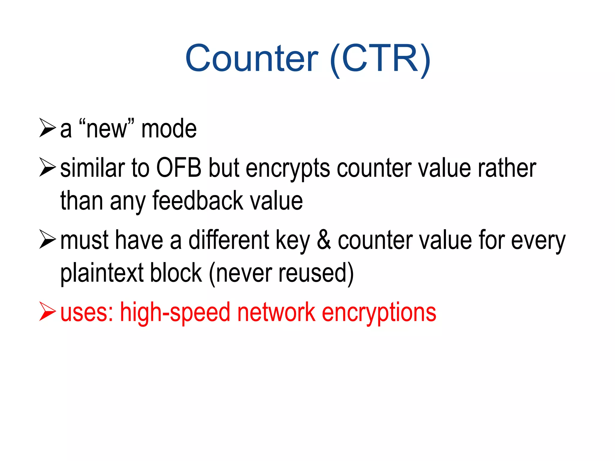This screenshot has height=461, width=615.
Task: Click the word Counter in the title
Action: point(252,59)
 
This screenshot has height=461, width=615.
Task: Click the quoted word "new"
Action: point(107,129)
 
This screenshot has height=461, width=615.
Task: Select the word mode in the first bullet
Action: point(169,129)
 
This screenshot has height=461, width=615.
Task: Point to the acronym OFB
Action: point(179,168)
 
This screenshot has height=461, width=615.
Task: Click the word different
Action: point(229,240)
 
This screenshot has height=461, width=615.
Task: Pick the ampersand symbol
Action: point(324,240)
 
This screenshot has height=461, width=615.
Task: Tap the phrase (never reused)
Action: point(281,273)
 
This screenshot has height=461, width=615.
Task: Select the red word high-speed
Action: point(175,312)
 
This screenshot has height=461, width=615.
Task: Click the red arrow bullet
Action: point(47,312)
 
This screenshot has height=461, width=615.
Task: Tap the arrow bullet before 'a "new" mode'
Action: point(47,128)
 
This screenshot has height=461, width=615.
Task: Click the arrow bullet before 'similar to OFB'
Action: point(47,167)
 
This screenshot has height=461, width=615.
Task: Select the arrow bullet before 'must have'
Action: point(47,240)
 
